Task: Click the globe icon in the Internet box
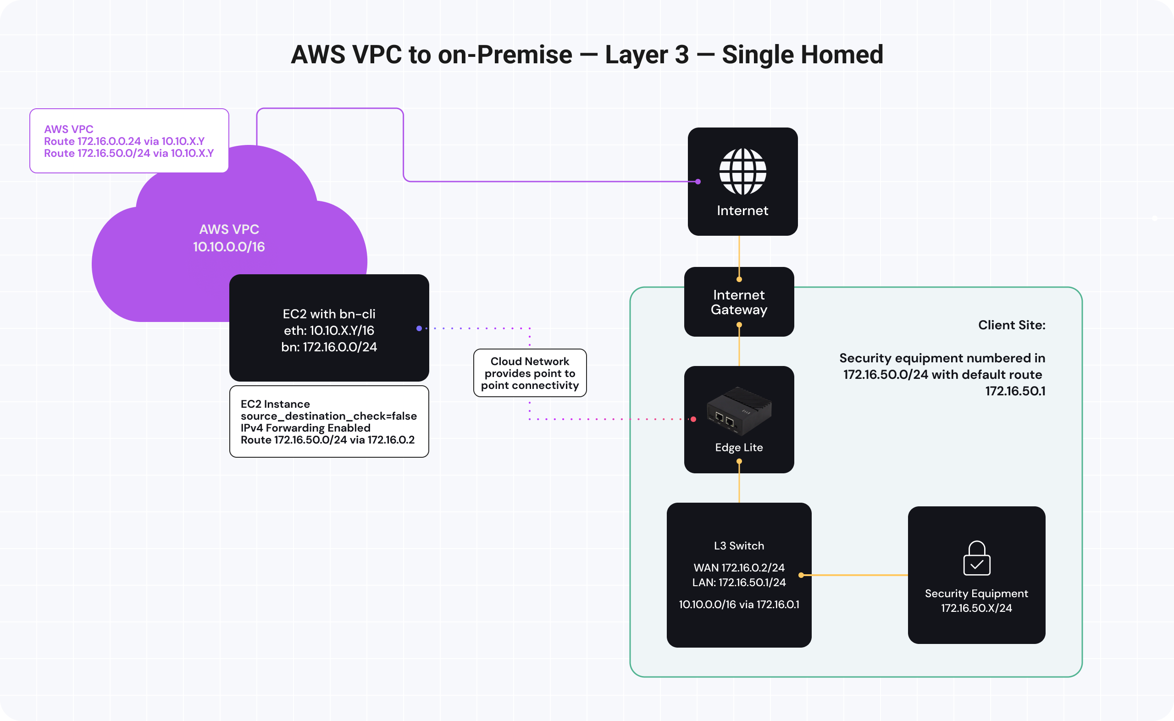pos(742,172)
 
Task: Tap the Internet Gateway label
pos(739,302)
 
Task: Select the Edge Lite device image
pos(739,411)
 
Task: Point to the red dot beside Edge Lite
pos(693,419)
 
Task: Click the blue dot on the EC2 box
pos(419,328)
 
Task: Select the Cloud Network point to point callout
pos(530,373)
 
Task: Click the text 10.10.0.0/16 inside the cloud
pos(229,247)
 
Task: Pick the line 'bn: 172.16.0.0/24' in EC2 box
pos(329,347)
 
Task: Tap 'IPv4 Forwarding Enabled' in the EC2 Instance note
pos(305,428)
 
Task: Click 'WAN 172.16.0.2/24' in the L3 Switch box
pos(739,567)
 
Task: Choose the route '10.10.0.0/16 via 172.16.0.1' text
pos(739,604)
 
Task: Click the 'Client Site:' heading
pos(1012,325)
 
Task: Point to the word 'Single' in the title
pos(758,55)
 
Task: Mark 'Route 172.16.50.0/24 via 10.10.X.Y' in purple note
pos(129,153)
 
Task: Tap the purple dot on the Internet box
pos(698,182)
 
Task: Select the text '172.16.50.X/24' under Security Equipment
pos(976,608)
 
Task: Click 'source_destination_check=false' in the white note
pos(329,416)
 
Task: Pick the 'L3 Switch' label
pos(739,545)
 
